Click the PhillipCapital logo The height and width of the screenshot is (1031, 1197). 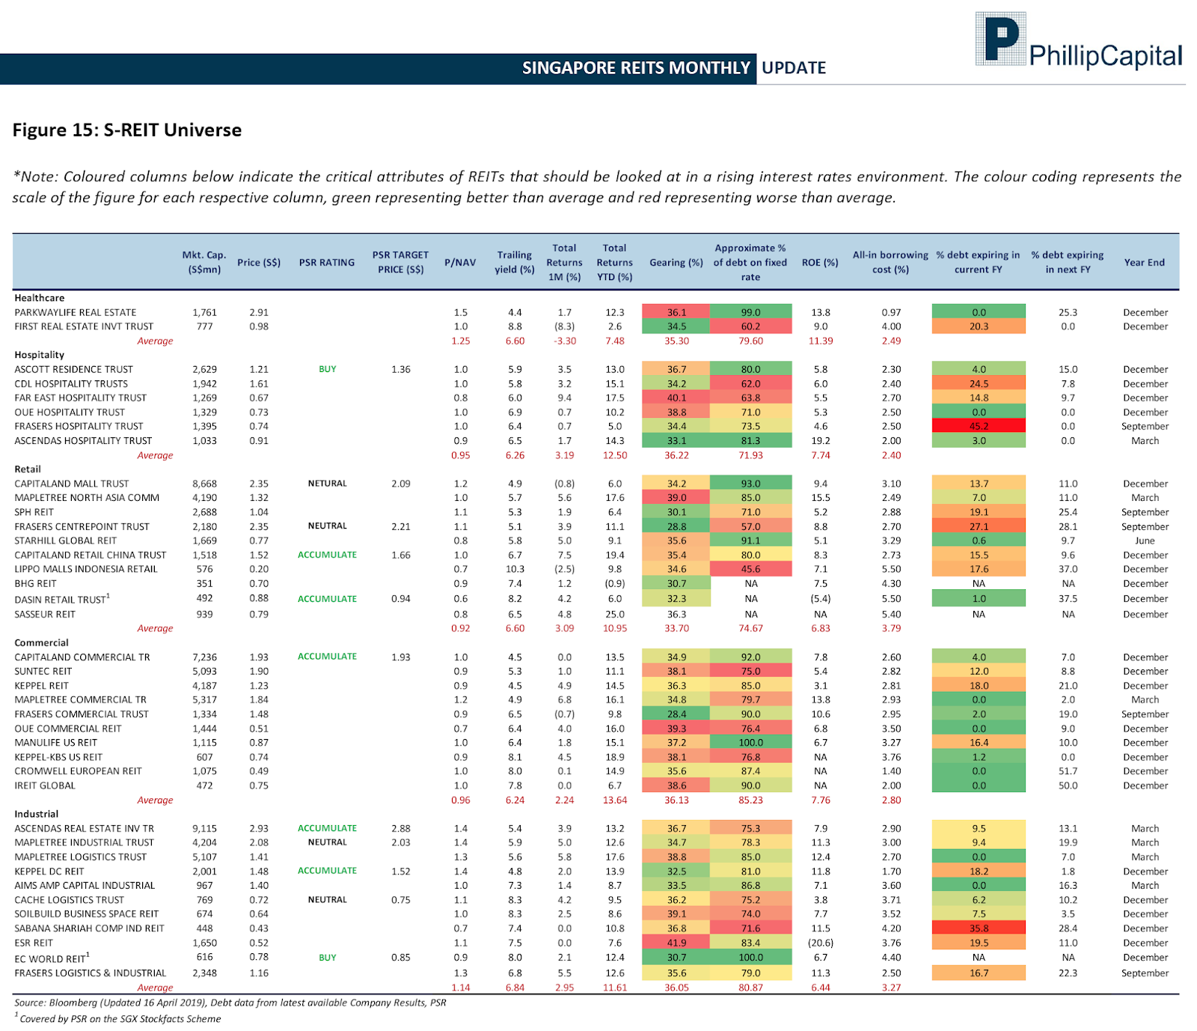pos(1078,40)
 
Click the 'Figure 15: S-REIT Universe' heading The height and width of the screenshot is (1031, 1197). pos(127,130)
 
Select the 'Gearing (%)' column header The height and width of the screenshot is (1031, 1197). pos(676,263)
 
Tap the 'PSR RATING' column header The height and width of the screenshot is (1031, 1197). pos(327,263)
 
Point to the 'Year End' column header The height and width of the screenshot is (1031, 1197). pos(1144,263)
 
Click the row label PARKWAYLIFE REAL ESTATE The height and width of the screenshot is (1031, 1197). pos(76,312)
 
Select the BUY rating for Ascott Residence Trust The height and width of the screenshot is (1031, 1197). pos(328,369)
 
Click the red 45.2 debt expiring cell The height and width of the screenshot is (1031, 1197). pos(979,426)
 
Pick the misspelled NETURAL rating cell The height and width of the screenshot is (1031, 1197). pos(328,484)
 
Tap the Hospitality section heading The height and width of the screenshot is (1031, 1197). pos(40,355)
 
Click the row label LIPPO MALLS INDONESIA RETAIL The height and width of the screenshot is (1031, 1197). pos(86,569)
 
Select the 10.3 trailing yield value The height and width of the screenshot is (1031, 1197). pos(515,569)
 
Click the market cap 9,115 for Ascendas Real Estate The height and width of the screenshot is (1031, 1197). pos(204,828)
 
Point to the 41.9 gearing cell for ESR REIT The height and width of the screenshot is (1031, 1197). pos(676,943)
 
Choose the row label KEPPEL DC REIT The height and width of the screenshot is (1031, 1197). pos(49,872)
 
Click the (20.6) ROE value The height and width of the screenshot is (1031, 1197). pos(821,943)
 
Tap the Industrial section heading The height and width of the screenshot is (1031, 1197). pos(37,814)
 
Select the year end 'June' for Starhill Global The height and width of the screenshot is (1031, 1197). pos(1145,541)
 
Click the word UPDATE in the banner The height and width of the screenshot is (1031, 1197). pos(794,68)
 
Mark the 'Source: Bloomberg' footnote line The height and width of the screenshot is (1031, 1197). pos(230,1003)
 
